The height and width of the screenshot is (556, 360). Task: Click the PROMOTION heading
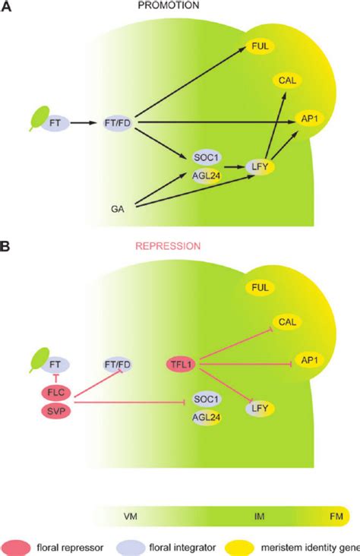[179, 5]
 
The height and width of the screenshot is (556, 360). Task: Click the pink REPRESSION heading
[179, 247]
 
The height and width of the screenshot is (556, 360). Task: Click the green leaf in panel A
[38, 118]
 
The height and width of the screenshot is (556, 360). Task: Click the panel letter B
[6, 247]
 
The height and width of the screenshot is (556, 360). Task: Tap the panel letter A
[6, 5]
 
